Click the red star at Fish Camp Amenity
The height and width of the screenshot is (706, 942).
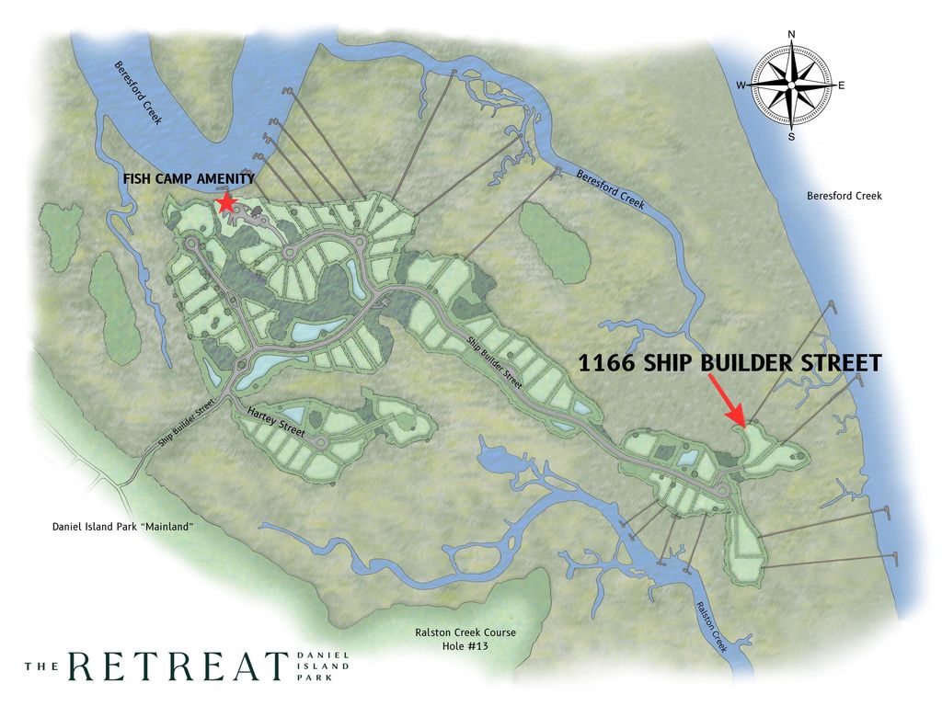pyautogui.click(x=224, y=202)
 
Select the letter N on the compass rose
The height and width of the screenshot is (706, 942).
pyautogui.click(x=792, y=35)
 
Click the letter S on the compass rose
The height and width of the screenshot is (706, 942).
pyautogui.click(x=791, y=137)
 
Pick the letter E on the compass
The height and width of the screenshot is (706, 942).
pyautogui.click(x=841, y=85)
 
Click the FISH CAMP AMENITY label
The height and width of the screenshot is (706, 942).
pyautogui.click(x=189, y=179)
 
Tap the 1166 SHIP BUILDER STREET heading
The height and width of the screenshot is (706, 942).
pyautogui.click(x=729, y=363)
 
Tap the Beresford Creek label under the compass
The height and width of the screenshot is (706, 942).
pyautogui.click(x=844, y=196)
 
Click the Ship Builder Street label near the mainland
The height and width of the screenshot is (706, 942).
pyautogui.click(x=185, y=422)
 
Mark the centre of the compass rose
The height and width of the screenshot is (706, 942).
pyautogui.click(x=791, y=85)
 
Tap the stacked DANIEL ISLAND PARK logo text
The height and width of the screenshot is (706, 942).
pyautogui.click(x=323, y=666)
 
